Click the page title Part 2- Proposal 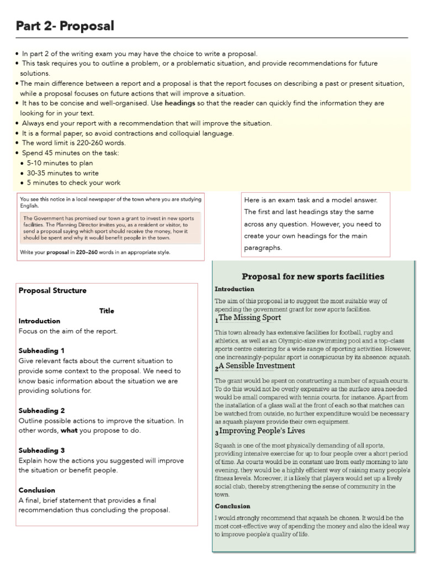[x=65, y=25]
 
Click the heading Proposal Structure [x=52, y=290]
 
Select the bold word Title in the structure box [x=107, y=311]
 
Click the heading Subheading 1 [x=42, y=350]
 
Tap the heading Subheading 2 [x=42, y=411]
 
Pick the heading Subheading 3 [x=42, y=450]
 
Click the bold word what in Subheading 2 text [x=69, y=431]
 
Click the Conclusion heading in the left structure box [x=37, y=490]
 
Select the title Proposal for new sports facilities [x=313, y=276]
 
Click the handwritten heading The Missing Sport [x=250, y=318]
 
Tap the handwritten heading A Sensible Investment [x=257, y=366]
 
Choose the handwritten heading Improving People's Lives [x=262, y=431]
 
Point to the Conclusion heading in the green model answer [x=232, y=506]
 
